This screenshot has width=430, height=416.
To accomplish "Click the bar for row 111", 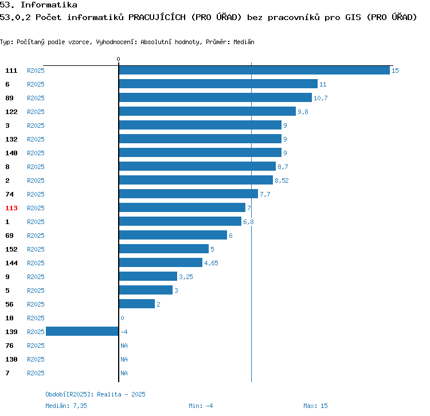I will point(254,70).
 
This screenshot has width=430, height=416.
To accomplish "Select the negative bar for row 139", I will point(82,332).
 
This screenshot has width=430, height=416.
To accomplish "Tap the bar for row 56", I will point(136,304).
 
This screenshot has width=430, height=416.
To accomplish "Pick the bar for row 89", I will point(215,98).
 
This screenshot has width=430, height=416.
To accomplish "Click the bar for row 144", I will point(161,263).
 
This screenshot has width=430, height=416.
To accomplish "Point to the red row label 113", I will point(11,208).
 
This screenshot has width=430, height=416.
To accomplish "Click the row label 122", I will point(11,112).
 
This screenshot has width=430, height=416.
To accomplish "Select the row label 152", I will point(11,249).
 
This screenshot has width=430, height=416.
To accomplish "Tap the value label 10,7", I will point(320,98).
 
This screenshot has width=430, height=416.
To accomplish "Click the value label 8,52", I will point(282,180).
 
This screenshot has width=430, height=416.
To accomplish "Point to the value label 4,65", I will point(211,263).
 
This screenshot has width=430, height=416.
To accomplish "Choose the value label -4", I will point(124,332).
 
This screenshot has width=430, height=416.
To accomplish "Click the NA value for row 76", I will point(124,346).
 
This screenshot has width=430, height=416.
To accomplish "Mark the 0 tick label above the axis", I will point(119,59).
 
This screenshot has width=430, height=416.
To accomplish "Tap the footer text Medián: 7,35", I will point(66,406).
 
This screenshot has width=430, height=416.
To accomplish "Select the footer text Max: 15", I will point(315,406).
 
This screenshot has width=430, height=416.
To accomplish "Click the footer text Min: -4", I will point(201,406).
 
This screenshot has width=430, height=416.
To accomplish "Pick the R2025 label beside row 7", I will point(36,373).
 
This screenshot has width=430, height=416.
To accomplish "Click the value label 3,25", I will point(186,277).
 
